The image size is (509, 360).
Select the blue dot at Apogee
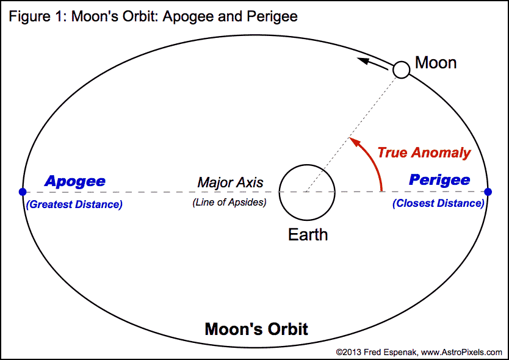tap(23, 192)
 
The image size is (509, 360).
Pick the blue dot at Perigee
tap(488, 192)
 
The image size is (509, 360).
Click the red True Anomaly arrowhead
tap(355, 142)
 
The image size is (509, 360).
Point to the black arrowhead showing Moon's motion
tap(363, 60)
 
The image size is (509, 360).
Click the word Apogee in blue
tap(75, 182)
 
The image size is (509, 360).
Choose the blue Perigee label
tap(439, 181)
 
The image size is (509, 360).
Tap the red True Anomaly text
tap(424, 153)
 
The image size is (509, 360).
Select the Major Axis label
tap(230, 182)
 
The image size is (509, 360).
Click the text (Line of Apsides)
tap(229, 202)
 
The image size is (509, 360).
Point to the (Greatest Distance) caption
tap(74, 204)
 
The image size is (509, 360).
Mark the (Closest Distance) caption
tap(439, 203)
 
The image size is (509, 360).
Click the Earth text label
tap(308, 234)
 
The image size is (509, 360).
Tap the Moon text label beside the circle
tap(436, 62)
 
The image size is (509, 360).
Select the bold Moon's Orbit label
tap(256, 329)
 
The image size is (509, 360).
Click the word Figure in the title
tap(29, 17)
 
